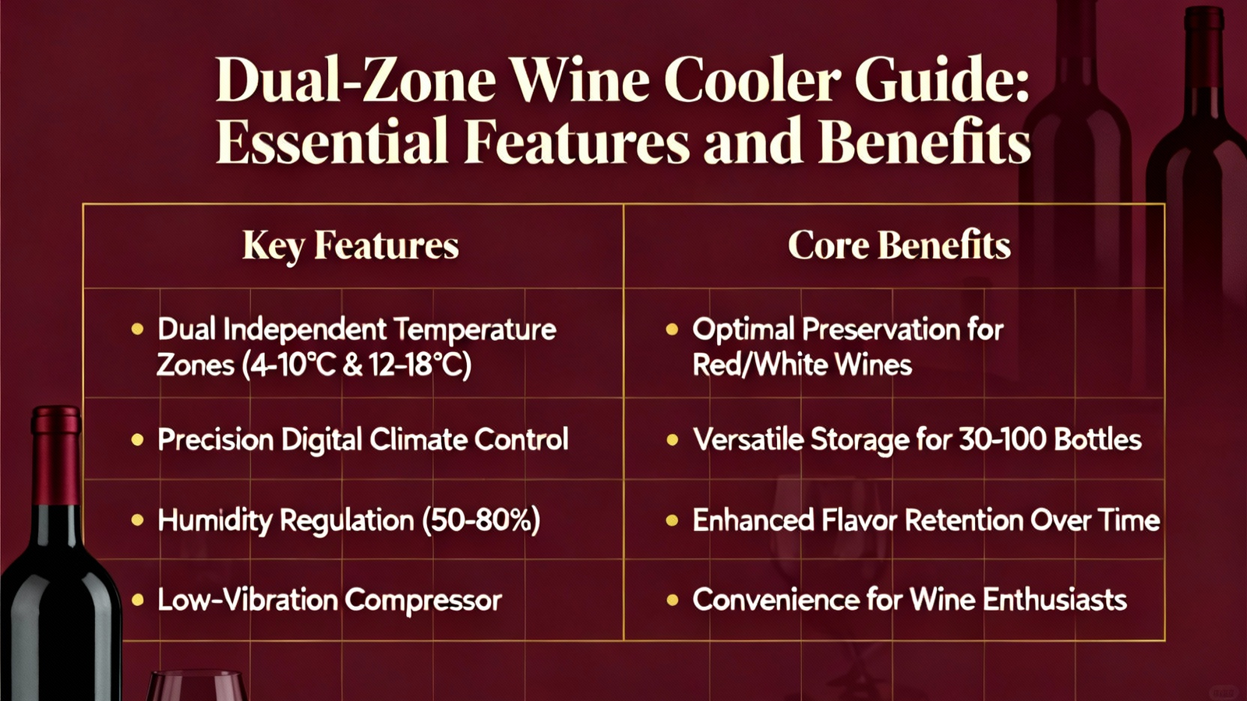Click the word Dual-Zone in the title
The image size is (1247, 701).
pyautogui.click(x=355, y=80)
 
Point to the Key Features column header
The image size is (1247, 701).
pyautogui.click(x=351, y=245)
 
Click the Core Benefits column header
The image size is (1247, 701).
pyautogui.click(x=899, y=245)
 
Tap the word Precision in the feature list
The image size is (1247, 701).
pyautogui.click(x=215, y=439)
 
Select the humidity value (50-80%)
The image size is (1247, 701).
pyautogui.click(x=482, y=521)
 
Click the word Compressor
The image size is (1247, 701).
pyautogui.click(x=423, y=601)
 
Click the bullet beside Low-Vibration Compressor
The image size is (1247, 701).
pyautogui.click(x=137, y=601)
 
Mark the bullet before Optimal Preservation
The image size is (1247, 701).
pyautogui.click(x=672, y=329)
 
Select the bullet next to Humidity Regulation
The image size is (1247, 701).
pyautogui.click(x=137, y=521)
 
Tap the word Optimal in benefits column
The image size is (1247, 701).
pyautogui.click(x=744, y=330)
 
